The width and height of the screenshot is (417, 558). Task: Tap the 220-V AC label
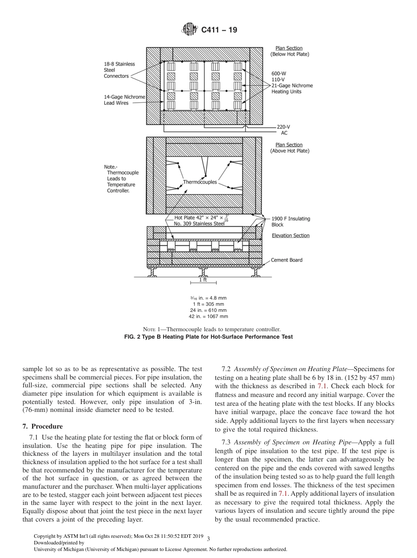[284, 130]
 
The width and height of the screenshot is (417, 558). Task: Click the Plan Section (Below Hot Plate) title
[289, 51]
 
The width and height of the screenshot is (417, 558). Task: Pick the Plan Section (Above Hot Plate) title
[289, 148]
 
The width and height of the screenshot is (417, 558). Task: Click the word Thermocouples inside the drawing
[200, 182]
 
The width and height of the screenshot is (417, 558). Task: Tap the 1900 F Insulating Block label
[290, 222]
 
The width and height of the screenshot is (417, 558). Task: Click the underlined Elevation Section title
[290, 236]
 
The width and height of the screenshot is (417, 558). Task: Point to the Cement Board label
[286, 260]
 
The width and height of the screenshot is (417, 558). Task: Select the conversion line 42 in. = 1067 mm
[208, 316]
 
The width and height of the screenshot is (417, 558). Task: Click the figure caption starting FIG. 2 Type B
[208, 337]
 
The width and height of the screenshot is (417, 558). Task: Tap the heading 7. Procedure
[42, 426]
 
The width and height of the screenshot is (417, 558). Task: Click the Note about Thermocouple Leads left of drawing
[121, 179]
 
